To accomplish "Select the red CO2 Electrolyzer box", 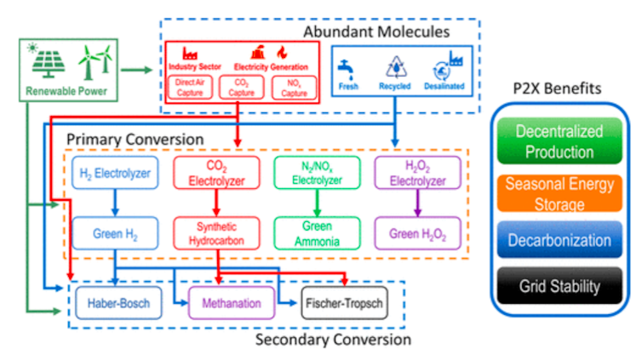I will tap(217, 174).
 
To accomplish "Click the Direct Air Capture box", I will tap(190, 87).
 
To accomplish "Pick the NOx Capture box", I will tap(294, 87).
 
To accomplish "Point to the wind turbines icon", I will tap(95, 60).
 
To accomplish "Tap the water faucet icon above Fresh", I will tap(347, 66).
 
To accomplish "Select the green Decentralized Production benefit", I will tap(559, 142).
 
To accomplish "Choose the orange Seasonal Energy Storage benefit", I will tap(559, 192).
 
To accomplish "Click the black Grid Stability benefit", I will tap(559, 287).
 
